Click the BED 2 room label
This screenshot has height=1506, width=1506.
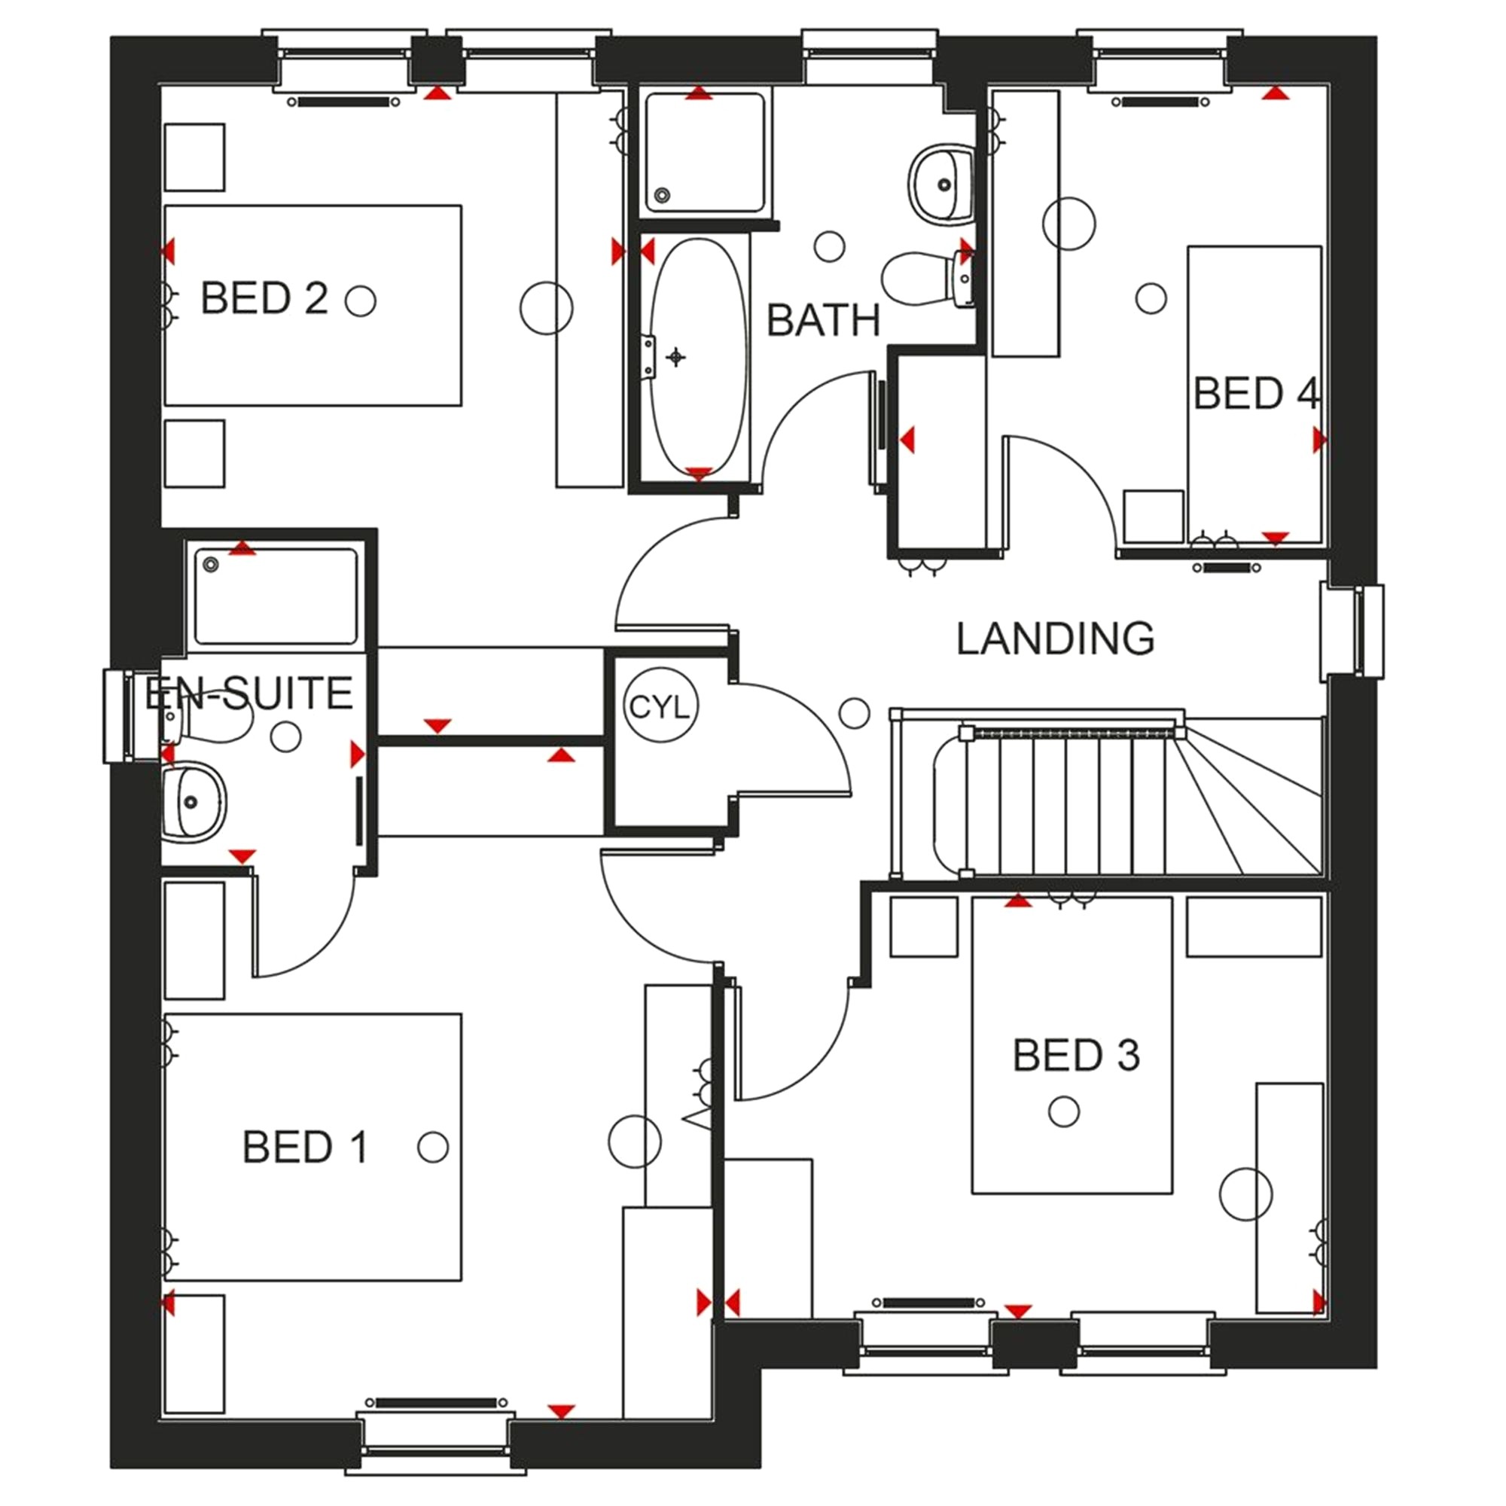click(264, 298)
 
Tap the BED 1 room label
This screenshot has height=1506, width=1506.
click(305, 1148)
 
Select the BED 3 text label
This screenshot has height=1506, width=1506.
click(1076, 1056)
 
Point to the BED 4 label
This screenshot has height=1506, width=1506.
click(1256, 394)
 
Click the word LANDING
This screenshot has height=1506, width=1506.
click(1056, 639)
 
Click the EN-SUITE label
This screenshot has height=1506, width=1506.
click(248, 694)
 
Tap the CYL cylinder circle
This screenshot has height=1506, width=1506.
click(660, 707)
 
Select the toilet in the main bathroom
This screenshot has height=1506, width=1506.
click(928, 279)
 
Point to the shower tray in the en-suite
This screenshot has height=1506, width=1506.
click(275, 596)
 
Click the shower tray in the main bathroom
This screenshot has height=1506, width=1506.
click(704, 153)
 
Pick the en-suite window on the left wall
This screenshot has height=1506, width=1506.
click(118, 715)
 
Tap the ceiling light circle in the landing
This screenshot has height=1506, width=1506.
click(855, 712)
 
